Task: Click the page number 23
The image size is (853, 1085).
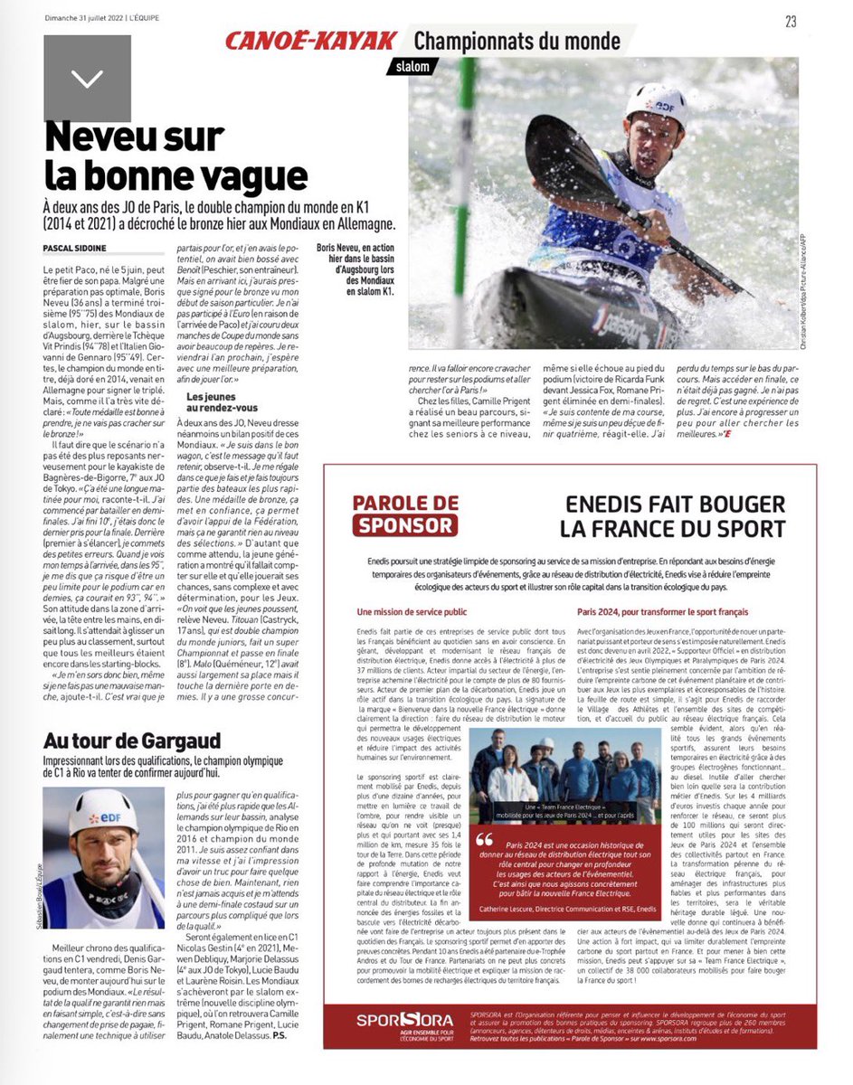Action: click(x=791, y=23)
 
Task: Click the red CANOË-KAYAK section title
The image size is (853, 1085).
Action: click(x=310, y=41)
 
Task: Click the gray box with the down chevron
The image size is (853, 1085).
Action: click(x=87, y=80)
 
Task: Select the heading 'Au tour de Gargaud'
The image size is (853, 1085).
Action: click(x=132, y=741)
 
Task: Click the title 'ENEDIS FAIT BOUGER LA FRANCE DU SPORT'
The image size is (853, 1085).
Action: click(x=672, y=516)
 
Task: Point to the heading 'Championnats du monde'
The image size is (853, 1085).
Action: click(x=517, y=41)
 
